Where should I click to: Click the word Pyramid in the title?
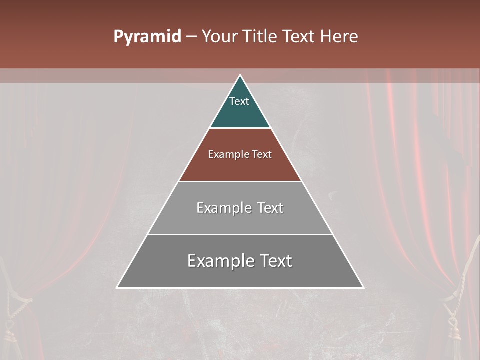(147, 37)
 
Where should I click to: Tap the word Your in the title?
(219, 37)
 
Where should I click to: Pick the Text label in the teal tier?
(239, 101)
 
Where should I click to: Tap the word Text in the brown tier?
(262, 154)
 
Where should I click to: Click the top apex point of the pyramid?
(240, 75)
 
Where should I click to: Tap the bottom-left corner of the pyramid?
(117, 287)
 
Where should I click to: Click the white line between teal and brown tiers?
(240, 128)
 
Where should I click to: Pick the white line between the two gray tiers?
(240, 234)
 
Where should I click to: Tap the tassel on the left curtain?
(10, 330)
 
